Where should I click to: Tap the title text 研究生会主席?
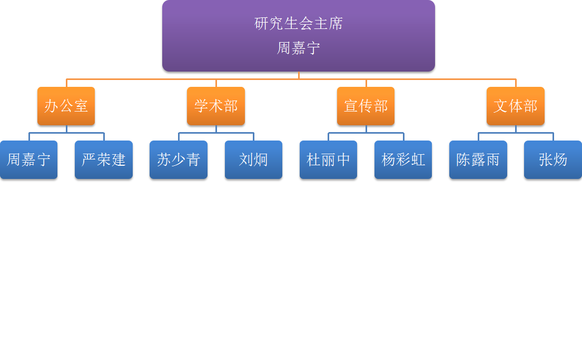299,24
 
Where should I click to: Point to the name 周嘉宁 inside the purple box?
299,48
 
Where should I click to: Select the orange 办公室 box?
66,106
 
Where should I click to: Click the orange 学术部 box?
216,106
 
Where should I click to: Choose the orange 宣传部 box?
366,106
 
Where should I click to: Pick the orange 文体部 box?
516,106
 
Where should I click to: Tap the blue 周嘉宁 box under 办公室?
28,159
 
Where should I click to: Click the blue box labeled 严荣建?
104,159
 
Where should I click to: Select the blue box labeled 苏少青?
179,159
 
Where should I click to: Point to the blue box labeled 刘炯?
253,159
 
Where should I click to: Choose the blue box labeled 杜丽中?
328,159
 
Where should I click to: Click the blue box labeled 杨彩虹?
403,159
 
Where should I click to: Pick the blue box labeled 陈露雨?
478,159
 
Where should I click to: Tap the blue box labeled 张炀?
553,159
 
